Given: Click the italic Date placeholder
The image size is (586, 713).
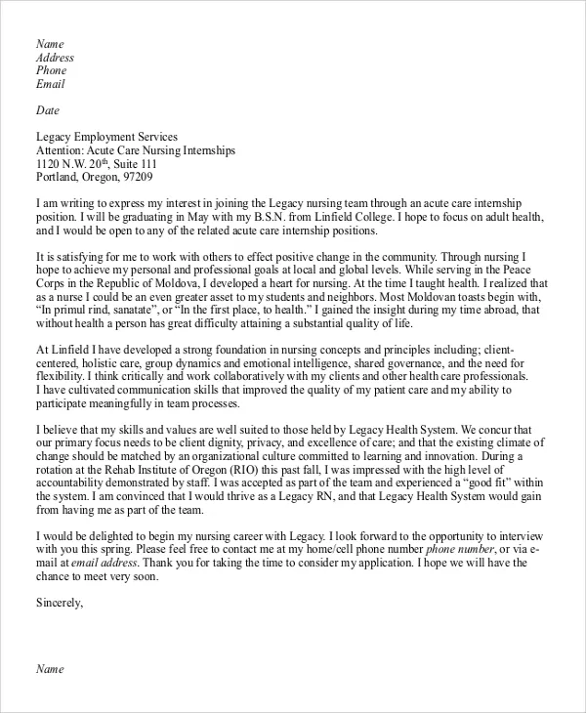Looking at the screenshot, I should (x=47, y=110).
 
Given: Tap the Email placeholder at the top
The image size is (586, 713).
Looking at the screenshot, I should (x=51, y=85).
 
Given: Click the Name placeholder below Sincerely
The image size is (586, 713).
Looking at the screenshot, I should (x=50, y=669).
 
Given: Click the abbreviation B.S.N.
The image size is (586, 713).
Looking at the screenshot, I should (x=306, y=216).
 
